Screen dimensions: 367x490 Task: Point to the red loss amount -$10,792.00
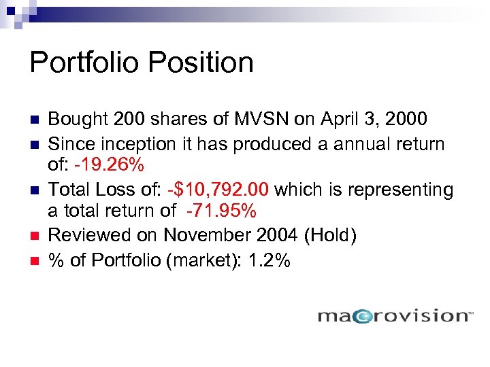(211, 190)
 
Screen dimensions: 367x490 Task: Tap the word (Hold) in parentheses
(322, 236)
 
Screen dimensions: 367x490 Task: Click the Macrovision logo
(395, 315)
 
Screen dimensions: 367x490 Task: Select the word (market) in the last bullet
(197, 260)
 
